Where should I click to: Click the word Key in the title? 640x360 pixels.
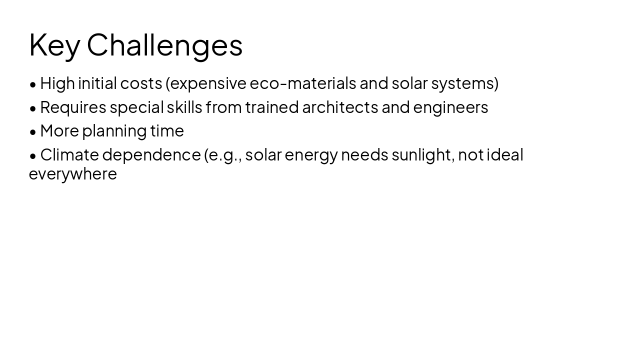(x=54, y=45)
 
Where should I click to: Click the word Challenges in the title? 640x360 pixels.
(x=164, y=45)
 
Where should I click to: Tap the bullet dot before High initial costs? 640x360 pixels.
(x=33, y=84)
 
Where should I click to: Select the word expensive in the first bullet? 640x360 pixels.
(x=208, y=83)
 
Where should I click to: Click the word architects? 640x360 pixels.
(x=340, y=107)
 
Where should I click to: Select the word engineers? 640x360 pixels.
(x=450, y=107)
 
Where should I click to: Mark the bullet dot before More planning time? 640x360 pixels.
(x=33, y=131)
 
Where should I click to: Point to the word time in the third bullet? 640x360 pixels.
(x=167, y=131)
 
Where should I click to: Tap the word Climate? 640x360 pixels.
(x=69, y=155)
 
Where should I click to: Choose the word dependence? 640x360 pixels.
(x=151, y=155)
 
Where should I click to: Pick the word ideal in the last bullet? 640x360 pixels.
(x=505, y=155)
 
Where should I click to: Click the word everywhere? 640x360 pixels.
(x=73, y=174)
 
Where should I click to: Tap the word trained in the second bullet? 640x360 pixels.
(x=272, y=107)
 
